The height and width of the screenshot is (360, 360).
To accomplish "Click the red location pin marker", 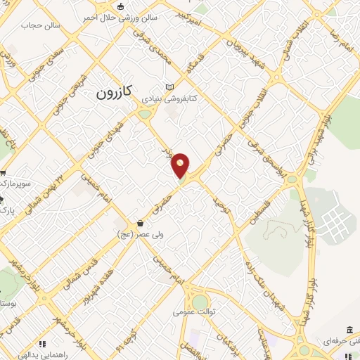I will [x=181, y=165].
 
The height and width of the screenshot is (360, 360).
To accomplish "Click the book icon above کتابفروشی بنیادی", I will [x=168, y=86].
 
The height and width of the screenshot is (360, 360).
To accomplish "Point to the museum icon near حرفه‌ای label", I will [x=349, y=330].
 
